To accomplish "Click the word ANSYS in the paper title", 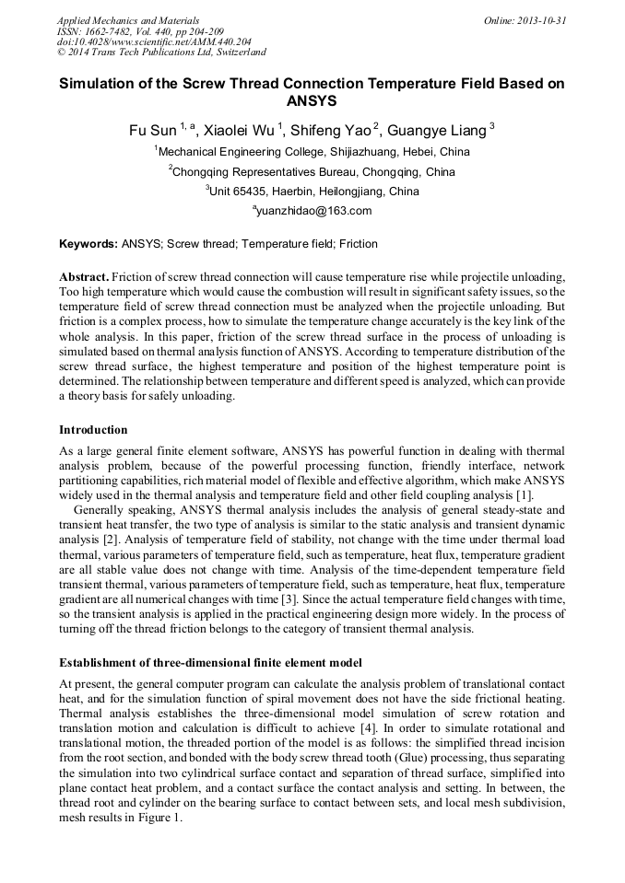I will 312,100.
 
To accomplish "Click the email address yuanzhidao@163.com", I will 313,211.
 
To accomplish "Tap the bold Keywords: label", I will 88,244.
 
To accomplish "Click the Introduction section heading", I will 93,429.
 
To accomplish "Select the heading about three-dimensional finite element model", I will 210,662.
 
